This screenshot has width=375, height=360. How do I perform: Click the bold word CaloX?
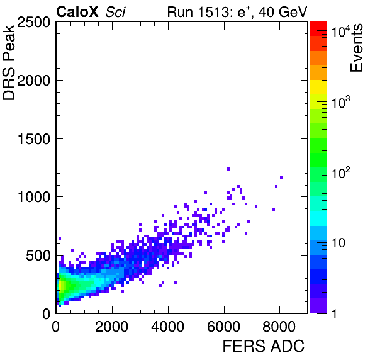click(77, 12)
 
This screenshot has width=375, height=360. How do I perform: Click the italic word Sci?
click(115, 12)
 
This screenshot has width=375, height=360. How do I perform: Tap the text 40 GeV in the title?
click(283, 12)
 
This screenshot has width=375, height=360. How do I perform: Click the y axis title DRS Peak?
click(9, 62)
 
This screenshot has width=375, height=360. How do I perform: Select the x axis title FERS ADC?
click(264, 346)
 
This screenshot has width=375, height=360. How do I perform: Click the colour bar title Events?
click(356, 48)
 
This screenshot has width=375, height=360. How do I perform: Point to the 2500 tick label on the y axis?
click(33, 23)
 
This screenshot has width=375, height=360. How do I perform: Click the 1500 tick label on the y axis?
click(34, 138)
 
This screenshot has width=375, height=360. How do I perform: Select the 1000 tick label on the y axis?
click(34, 197)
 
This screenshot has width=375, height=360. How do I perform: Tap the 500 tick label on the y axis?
click(38, 256)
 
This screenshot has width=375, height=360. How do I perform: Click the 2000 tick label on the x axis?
click(112, 327)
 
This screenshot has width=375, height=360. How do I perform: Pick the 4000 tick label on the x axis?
click(168, 327)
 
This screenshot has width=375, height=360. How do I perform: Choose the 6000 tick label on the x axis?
click(223, 327)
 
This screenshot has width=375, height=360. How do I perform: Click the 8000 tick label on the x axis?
click(279, 327)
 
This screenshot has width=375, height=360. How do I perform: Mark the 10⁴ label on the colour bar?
click(341, 31)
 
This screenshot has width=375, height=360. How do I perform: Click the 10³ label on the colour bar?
click(341, 102)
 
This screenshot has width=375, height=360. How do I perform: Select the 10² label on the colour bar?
click(341, 172)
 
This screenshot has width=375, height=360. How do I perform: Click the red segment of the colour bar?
click(318, 29)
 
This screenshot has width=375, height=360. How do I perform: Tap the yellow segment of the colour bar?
click(318, 87)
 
